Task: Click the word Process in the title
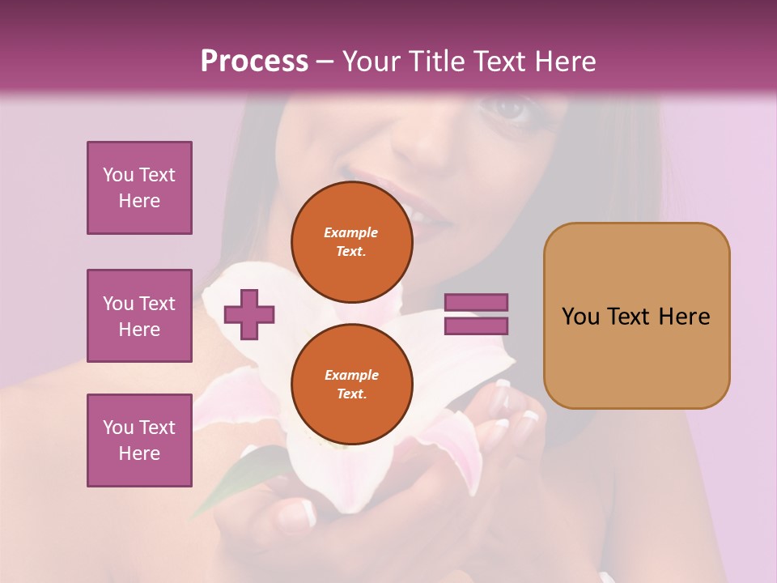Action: (x=254, y=61)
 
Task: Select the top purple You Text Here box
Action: (x=139, y=188)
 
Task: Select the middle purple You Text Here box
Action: (x=139, y=316)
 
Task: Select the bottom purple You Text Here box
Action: (x=139, y=440)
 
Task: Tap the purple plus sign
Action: (x=249, y=314)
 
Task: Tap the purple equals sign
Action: (x=476, y=314)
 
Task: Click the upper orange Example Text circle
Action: (x=351, y=242)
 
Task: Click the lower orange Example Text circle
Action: (x=351, y=384)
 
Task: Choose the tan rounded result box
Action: (x=636, y=316)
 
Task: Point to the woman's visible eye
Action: (x=508, y=108)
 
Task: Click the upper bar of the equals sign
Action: (x=476, y=302)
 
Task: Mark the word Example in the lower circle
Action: (x=351, y=375)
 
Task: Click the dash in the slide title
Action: (x=325, y=62)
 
